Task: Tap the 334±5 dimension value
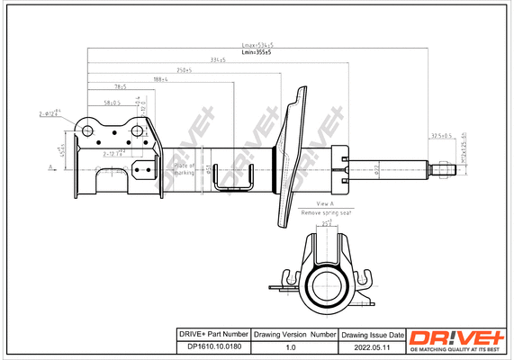[217, 60]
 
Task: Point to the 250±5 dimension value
[184, 69]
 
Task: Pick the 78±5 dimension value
[120, 87]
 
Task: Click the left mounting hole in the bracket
[88, 131]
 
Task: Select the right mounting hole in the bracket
[137, 131]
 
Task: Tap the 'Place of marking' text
[185, 168]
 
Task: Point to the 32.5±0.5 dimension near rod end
[440, 136]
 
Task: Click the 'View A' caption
[326, 204]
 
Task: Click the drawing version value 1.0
[290, 346]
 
